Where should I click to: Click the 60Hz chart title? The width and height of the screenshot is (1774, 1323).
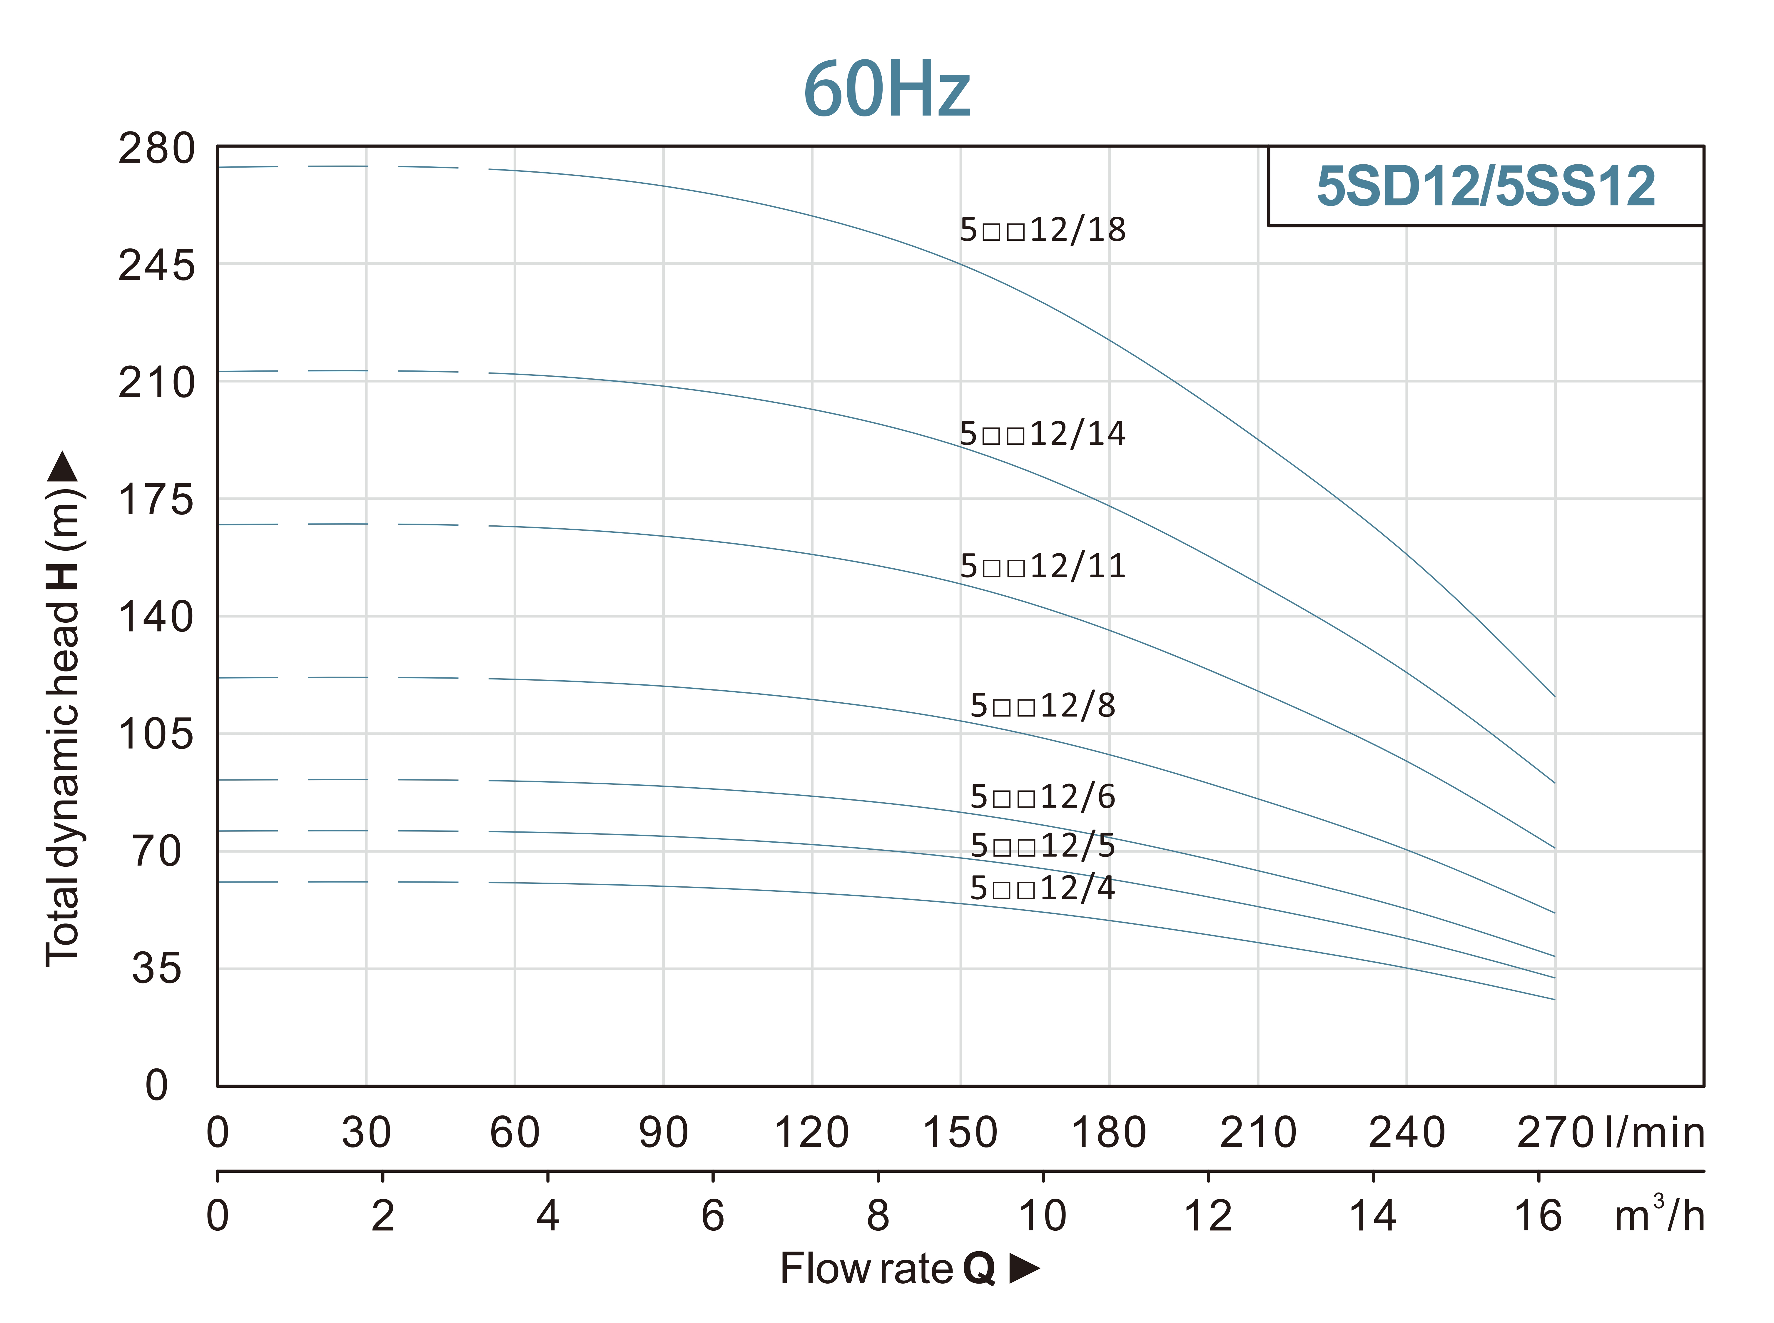click(x=887, y=90)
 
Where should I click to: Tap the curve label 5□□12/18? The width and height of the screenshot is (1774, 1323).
click(x=1042, y=230)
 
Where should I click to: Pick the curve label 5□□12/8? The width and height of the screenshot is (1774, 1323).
click(x=1042, y=706)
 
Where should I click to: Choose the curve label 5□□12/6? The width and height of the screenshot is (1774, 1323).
click(x=1042, y=797)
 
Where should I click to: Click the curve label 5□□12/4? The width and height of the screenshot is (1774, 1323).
click(x=1042, y=888)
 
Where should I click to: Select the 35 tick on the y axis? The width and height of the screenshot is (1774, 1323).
click(x=157, y=969)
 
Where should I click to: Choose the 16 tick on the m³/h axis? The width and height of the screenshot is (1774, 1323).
click(x=1538, y=1216)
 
